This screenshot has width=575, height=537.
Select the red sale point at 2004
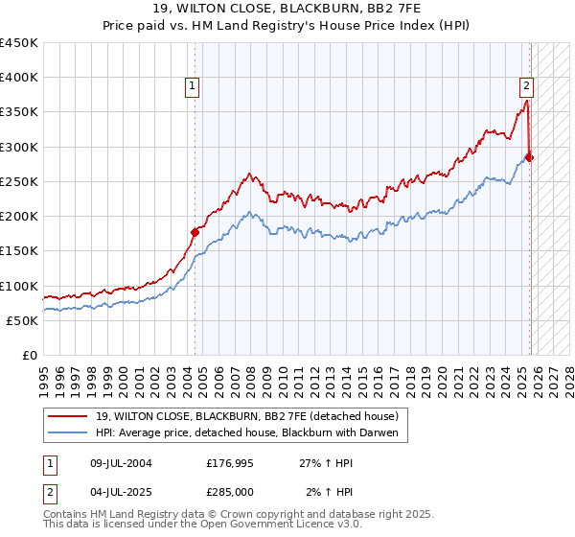tap(195, 231)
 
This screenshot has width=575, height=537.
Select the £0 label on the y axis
tap(31, 355)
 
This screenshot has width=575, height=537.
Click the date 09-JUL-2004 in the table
tap(119, 463)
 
